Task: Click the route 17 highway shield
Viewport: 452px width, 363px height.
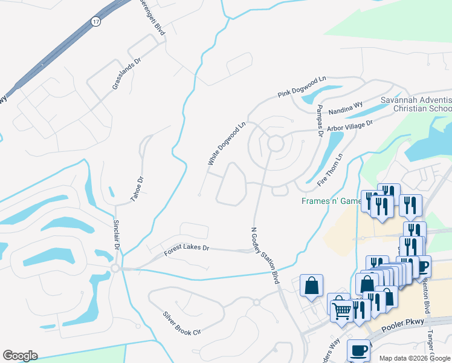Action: tap(95, 21)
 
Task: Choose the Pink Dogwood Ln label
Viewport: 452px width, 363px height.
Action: tap(302, 87)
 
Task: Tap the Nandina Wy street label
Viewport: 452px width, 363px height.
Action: tap(346, 108)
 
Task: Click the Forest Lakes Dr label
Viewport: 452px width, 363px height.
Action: tap(187, 249)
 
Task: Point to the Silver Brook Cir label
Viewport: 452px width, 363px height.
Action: tap(181, 324)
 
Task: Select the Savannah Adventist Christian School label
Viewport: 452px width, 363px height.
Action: tap(416, 103)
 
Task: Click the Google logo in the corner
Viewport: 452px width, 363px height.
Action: tap(20, 356)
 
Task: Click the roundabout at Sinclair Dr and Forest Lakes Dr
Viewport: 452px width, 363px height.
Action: tap(115, 267)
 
